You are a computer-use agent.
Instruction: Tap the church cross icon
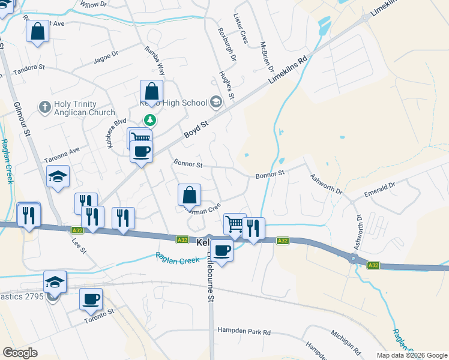pyautogui.click(x=43, y=107)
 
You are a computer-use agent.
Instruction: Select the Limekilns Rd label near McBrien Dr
pyautogui.click(x=291, y=70)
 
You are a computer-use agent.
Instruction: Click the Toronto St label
pyautogui.click(x=99, y=316)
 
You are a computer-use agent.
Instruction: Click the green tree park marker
pyautogui.click(x=149, y=120)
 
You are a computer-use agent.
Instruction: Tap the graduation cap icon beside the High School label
pyautogui.click(x=216, y=103)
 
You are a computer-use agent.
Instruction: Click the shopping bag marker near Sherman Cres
pyautogui.click(x=189, y=194)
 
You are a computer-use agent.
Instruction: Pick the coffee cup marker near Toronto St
pyautogui.click(x=91, y=299)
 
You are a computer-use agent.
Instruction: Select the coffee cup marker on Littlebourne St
pyautogui.click(x=222, y=250)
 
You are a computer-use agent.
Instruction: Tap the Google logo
pyautogui.click(x=20, y=353)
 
